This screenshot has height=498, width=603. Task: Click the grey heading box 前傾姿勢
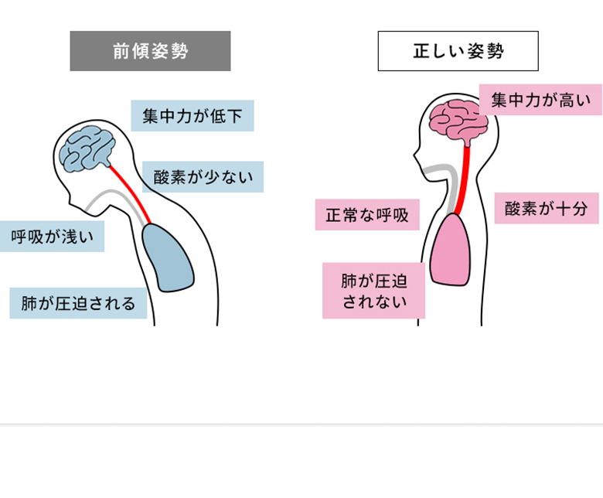point(151,51)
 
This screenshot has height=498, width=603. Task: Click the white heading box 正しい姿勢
point(458,51)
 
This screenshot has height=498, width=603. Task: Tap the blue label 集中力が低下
point(192,116)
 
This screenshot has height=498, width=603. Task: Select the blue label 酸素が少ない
point(203,177)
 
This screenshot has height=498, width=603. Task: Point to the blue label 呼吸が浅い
point(52,237)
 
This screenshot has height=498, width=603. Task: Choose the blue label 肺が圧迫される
point(78,303)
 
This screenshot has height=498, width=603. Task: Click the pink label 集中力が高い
point(540,100)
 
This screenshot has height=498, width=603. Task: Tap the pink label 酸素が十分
point(547,209)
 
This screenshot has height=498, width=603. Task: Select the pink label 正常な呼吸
point(367,214)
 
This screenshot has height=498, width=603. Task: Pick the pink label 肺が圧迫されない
point(374,291)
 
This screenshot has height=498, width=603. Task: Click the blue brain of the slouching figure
point(87,148)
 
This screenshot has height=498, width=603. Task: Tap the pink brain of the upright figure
point(458,122)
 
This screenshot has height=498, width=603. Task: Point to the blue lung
point(167,258)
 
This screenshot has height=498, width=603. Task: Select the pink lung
point(451,249)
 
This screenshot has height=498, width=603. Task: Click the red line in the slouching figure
point(130,194)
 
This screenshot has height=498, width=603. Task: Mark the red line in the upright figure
point(462,180)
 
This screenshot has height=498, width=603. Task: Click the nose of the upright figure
point(415,156)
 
